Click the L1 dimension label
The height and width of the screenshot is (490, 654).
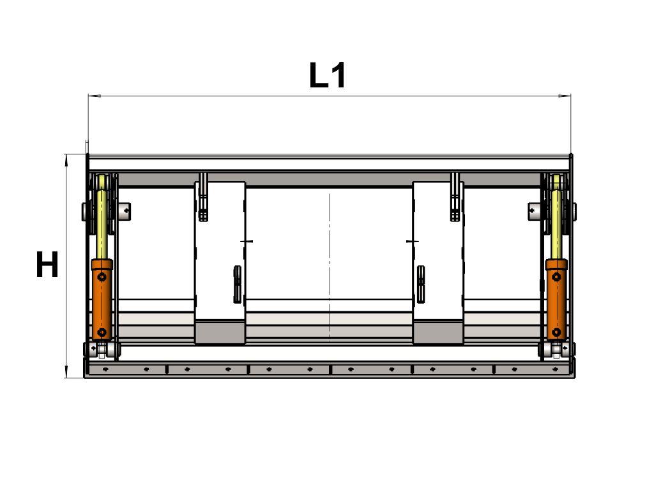[328, 75]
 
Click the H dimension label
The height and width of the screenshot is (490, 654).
[47, 264]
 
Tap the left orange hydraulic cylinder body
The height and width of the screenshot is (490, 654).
[102, 299]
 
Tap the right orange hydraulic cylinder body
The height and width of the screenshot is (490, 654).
[556, 299]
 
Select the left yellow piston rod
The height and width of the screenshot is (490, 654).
[102, 224]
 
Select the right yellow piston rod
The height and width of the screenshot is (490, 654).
[556, 224]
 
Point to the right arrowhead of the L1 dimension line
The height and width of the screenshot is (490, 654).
[565, 96]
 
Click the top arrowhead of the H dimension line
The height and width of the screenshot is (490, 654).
[66, 160]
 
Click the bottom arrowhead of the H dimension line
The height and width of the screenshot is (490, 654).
[66, 372]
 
